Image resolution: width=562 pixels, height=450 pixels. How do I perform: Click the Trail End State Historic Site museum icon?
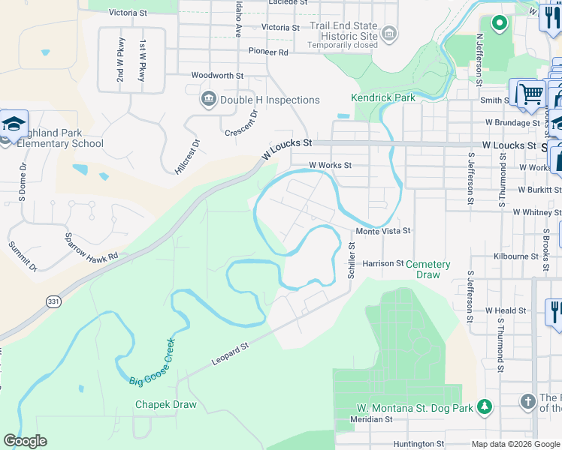pyautogui.click(x=388, y=33)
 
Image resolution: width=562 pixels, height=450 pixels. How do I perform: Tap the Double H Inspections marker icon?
pyautogui.click(x=208, y=99)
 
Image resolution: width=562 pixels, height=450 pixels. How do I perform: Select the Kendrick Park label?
pyautogui.click(x=382, y=98)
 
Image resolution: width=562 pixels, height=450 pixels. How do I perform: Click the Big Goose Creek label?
pyautogui.click(x=152, y=361)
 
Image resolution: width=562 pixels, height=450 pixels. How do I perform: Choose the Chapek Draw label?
pyautogui.click(x=165, y=405)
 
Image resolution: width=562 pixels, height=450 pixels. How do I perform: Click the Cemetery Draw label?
pyautogui.click(x=428, y=269)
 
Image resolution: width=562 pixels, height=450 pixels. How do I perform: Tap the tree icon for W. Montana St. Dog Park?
pyautogui.click(x=485, y=406)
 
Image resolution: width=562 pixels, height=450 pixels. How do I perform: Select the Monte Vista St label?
pyautogui.click(x=383, y=232)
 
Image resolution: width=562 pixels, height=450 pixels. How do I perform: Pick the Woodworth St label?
pyautogui.click(x=217, y=76)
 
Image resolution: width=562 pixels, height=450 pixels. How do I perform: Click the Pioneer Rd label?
pyautogui.click(x=268, y=52)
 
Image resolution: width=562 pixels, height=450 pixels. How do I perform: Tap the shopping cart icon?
pyautogui.click(x=530, y=94)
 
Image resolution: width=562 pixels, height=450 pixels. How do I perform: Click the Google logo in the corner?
pyautogui.click(x=25, y=441)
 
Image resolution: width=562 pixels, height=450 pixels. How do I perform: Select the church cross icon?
pyautogui.click(x=528, y=403)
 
